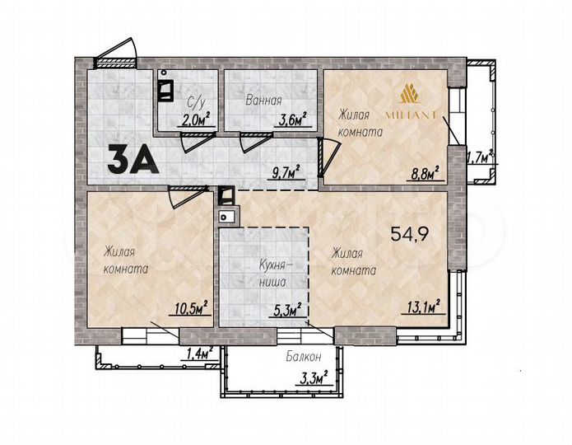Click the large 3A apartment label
click(x=132, y=157)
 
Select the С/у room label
click(x=196, y=102)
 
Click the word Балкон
click(x=305, y=358)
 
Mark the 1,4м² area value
click(x=199, y=354)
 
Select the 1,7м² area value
click(x=479, y=155)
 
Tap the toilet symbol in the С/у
click(x=165, y=87)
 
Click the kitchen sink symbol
click(x=227, y=217)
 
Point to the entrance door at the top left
click(x=114, y=51)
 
